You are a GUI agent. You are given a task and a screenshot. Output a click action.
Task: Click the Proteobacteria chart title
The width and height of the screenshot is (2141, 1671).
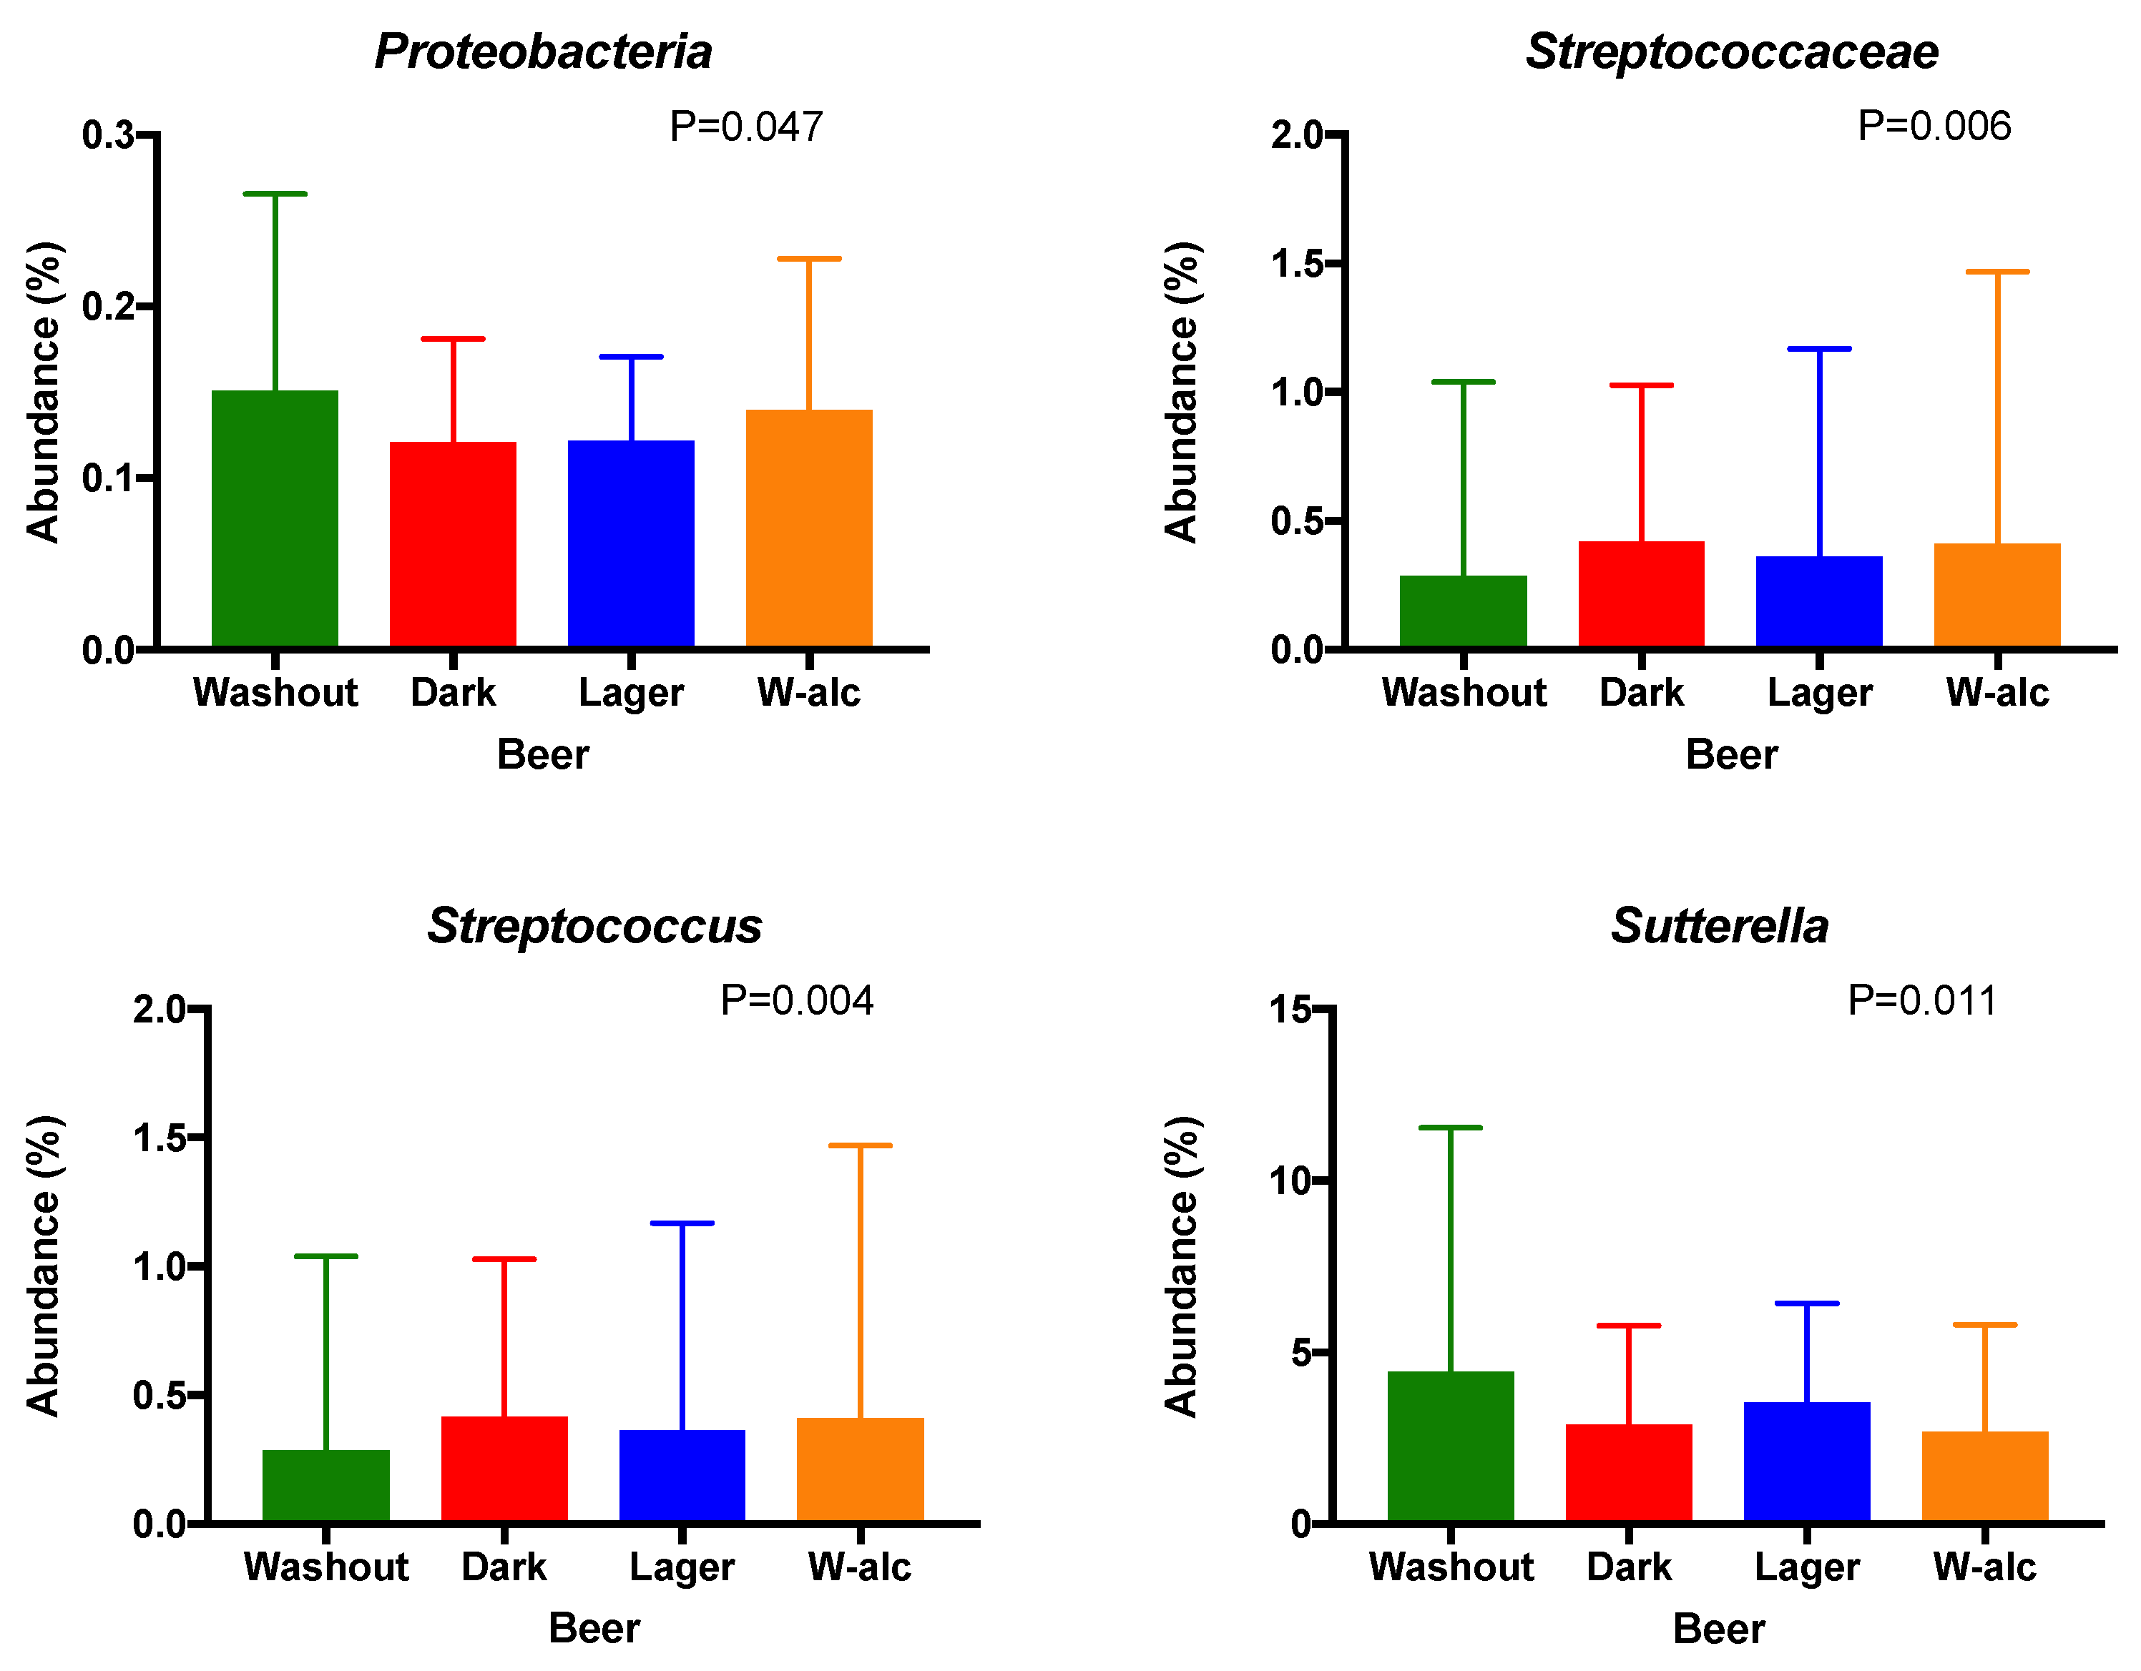coord(543,51)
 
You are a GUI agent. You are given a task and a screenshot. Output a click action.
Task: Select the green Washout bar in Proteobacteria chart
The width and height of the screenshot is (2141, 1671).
coord(275,518)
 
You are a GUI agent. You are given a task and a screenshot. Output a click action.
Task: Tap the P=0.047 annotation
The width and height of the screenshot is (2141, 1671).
coord(745,127)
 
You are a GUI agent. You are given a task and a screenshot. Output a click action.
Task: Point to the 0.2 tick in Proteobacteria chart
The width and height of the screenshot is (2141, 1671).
coord(109,306)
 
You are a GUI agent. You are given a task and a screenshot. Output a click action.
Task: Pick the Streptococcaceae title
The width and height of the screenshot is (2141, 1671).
coord(1731,51)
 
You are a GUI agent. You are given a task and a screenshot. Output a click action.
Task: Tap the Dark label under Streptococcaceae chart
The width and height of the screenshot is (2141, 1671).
coord(1641,693)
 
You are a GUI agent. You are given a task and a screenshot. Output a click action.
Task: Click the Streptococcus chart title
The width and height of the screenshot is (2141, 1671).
coord(594,926)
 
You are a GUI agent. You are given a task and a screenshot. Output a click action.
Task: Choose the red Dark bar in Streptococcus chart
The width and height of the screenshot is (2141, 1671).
coord(504,1469)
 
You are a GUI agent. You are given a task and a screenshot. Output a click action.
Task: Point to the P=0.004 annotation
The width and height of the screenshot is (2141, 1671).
coord(796,1000)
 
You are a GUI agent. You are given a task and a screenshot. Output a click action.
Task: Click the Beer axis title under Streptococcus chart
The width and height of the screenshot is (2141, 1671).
coord(594,1628)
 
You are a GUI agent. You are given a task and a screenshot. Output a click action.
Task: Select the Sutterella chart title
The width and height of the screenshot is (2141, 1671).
coord(1720,926)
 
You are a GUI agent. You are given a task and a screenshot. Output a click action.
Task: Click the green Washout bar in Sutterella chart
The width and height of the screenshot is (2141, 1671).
coord(1450,1446)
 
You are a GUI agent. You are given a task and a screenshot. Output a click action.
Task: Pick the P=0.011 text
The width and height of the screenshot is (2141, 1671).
coord(1921,1000)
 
